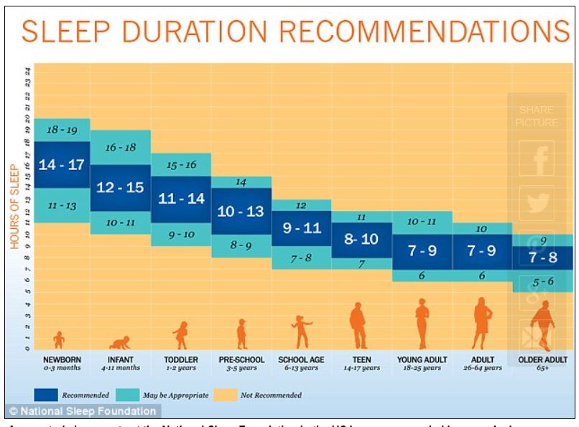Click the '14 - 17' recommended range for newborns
pyautogui.click(x=61, y=164)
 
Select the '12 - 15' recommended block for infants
pyautogui.click(x=120, y=187)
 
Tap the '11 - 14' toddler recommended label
pyautogui.click(x=181, y=199)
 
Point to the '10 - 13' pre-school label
pyautogui.click(x=241, y=212)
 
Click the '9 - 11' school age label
pyautogui.click(x=301, y=229)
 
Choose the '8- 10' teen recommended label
pyautogui.click(x=361, y=240)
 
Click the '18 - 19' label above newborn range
pyautogui.click(x=61, y=130)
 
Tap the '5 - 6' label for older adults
pyautogui.click(x=542, y=281)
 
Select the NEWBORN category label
pyautogui.click(x=61, y=360)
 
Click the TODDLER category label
pyautogui.click(x=181, y=360)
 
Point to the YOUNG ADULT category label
pyautogui.click(x=422, y=360)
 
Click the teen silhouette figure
pyautogui.click(x=358, y=326)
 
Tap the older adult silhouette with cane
pyautogui.click(x=542, y=324)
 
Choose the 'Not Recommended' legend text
pyautogui.click(x=272, y=395)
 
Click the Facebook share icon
pyautogui.click(x=537, y=158)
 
